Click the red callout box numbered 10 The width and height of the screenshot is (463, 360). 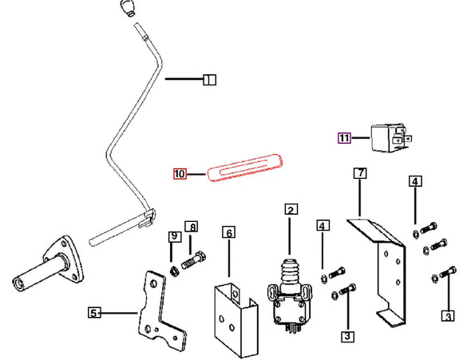180,174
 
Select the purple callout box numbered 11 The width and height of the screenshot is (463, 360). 344,138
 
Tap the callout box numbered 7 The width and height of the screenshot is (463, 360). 360,172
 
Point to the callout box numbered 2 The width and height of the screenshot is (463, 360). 291,209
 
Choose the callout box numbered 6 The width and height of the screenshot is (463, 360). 229,232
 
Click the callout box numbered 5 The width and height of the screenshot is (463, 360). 94,312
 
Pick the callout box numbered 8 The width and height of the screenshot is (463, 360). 192,227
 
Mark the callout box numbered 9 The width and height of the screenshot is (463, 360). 175,236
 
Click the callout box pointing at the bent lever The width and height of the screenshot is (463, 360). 210,80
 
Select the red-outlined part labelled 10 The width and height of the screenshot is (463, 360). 245,167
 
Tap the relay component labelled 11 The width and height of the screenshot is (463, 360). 390,138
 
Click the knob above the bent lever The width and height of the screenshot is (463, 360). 128,8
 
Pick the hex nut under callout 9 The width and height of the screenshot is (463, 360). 174,271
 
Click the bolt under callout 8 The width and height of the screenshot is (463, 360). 193,260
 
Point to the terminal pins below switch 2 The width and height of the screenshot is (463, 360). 291,329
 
